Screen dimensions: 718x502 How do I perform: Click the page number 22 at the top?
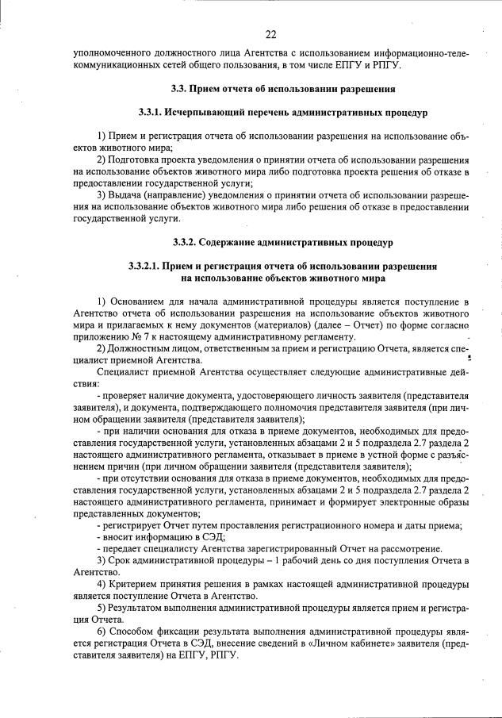click(270, 34)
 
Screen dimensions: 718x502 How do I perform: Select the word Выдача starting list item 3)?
click(128, 194)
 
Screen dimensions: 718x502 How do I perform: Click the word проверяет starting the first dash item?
click(125, 394)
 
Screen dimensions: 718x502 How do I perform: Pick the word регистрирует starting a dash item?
click(132, 526)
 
